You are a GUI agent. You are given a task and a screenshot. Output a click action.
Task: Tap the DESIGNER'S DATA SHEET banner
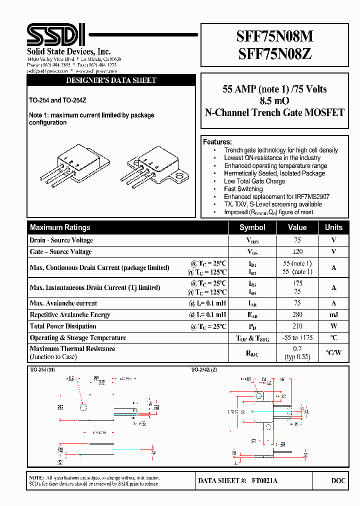coord(111,80)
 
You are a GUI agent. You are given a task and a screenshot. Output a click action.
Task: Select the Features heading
coord(217,142)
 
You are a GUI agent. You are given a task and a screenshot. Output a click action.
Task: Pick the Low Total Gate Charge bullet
coord(254,181)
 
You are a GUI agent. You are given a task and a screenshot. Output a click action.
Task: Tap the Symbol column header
coord(252,227)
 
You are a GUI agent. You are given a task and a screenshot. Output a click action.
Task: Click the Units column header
coord(333,227)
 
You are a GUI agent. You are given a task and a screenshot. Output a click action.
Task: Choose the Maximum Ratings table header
coord(60,227)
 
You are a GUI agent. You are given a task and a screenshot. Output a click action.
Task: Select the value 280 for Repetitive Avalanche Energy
coord(297,315)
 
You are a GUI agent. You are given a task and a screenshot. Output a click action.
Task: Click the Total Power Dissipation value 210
coord(297,326)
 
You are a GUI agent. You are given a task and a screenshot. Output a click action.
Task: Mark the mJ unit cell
coord(333,315)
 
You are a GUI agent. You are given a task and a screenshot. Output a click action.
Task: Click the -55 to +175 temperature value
coord(297,338)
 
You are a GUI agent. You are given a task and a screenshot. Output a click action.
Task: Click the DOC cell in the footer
coord(338,480)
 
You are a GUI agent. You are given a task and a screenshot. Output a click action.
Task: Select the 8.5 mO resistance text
coord(274,101)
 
